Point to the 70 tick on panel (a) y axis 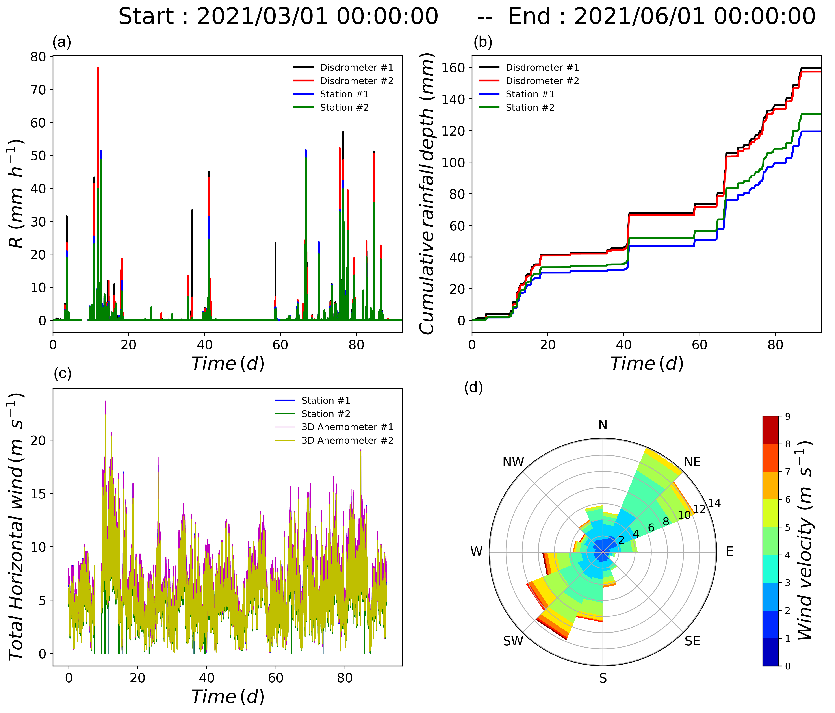[x=39, y=89]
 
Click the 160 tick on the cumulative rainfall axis [x=453, y=67]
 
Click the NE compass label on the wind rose [x=692, y=462]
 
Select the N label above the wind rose [x=603, y=425]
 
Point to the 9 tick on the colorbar [x=787, y=417]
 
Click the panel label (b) [x=483, y=42]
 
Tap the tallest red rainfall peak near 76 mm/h [x=98, y=69]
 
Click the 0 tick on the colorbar [x=787, y=666]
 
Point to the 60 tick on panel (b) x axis [x=700, y=345]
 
